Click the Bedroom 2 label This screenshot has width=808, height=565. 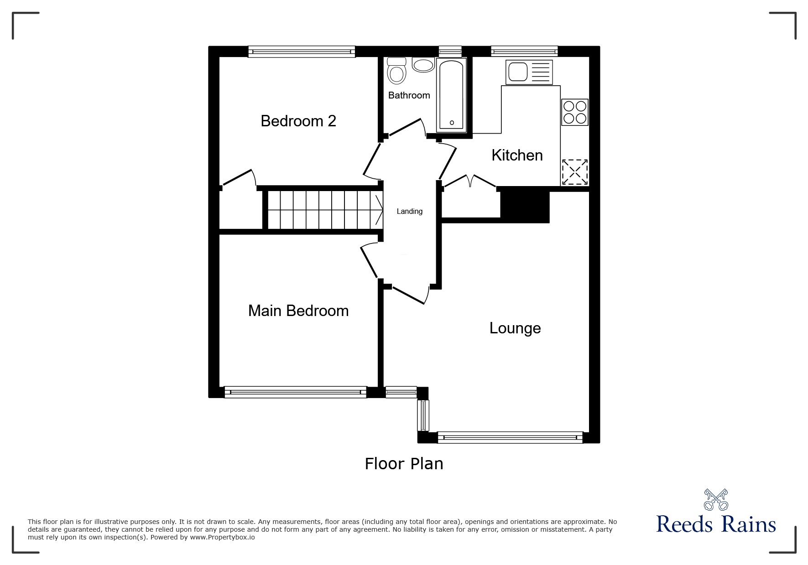(x=298, y=121)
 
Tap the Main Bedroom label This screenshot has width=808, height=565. (x=298, y=311)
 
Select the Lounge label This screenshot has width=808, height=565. (x=515, y=328)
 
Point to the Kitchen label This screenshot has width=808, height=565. (x=517, y=155)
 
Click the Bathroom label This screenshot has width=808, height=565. (x=409, y=95)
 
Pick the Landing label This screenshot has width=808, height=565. (x=410, y=211)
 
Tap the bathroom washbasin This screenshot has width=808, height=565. (x=423, y=65)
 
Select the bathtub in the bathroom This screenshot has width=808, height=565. (x=451, y=95)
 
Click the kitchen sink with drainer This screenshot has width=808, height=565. (x=529, y=72)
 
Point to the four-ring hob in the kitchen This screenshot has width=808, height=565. (x=574, y=112)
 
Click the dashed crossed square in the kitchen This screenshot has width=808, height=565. (x=574, y=172)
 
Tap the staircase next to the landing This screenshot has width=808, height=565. (x=324, y=210)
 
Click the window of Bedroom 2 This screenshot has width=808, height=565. (x=302, y=52)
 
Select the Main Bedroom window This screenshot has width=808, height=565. (x=296, y=392)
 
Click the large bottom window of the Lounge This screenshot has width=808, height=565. (x=510, y=437)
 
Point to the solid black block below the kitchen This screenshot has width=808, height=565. (x=525, y=207)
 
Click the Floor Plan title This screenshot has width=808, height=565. (x=404, y=464)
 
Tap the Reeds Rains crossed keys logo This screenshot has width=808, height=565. (x=716, y=499)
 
